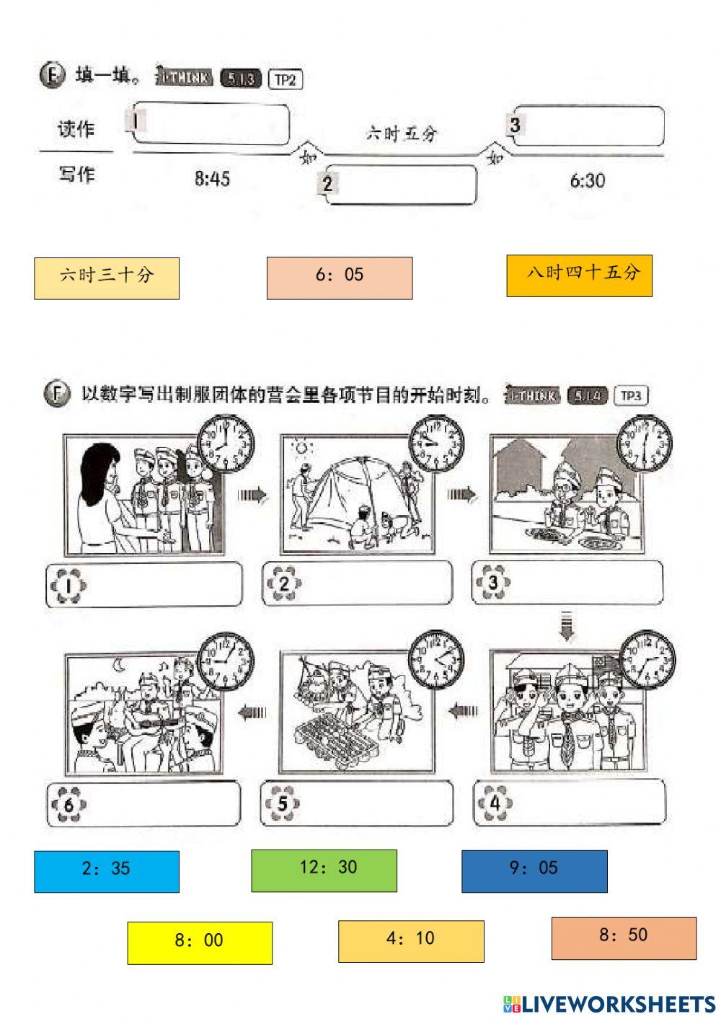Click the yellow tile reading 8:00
pos(200,943)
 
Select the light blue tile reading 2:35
pos(107,871)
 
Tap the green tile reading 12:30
pos(324,870)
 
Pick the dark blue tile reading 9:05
pos(534,871)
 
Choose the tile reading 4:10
pos(411,941)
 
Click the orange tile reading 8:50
pos(624,938)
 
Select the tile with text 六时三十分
pos(107,278)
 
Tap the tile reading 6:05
pos(340,278)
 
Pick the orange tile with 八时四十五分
pos(579,275)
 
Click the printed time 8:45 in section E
pos(212,179)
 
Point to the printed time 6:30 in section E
pos(587,180)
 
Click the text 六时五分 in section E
pos(402,133)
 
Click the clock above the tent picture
pos(436,442)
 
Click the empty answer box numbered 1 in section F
pos(144,585)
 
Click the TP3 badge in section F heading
pos(630,396)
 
